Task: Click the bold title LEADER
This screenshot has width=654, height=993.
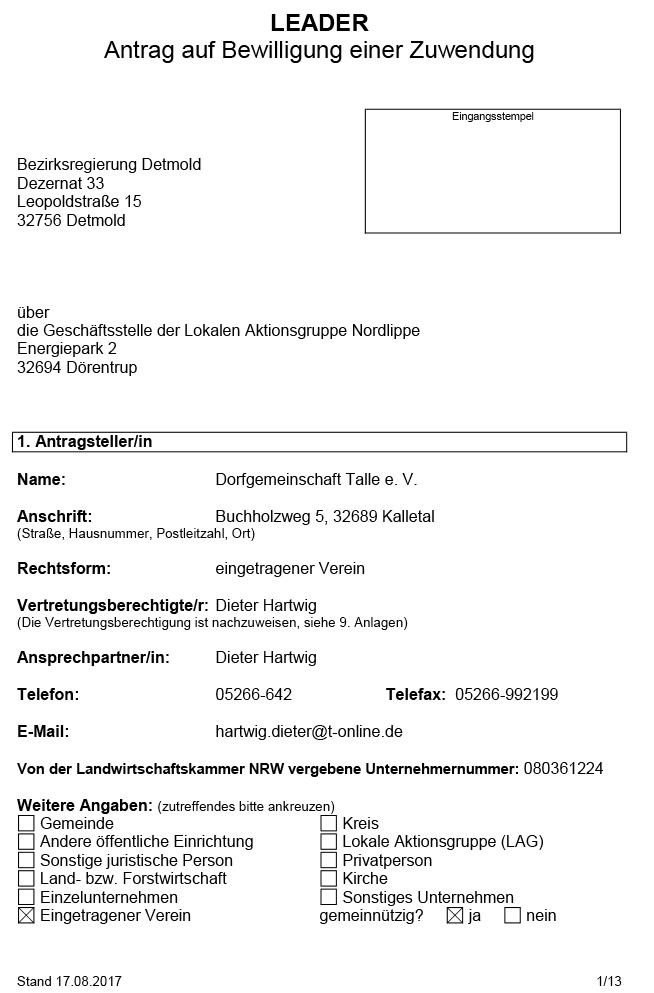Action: click(x=320, y=23)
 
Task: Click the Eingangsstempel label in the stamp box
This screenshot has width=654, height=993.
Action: click(x=493, y=117)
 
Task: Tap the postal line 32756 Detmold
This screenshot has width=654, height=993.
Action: click(x=71, y=220)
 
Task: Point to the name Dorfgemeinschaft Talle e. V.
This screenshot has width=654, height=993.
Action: click(x=316, y=480)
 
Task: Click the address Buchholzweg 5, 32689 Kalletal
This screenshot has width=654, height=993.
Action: click(x=325, y=517)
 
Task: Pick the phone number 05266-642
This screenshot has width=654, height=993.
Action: click(x=254, y=694)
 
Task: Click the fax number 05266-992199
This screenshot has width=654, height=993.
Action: click(x=506, y=694)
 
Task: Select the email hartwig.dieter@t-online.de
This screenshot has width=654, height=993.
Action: click(x=309, y=731)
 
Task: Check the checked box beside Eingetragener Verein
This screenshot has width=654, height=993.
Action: click(x=26, y=915)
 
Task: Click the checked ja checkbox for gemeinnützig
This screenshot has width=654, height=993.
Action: click(x=455, y=915)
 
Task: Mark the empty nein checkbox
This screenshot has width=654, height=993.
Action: click(x=513, y=915)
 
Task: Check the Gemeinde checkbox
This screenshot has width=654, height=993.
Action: click(x=26, y=823)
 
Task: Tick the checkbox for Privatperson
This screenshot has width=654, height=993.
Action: click(x=328, y=860)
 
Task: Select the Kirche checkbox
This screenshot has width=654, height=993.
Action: click(x=328, y=878)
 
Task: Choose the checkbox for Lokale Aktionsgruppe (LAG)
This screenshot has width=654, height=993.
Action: click(x=328, y=842)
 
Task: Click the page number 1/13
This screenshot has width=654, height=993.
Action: click(x=609, y=980)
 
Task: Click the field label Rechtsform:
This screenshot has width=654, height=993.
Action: click(x=64, y=568)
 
